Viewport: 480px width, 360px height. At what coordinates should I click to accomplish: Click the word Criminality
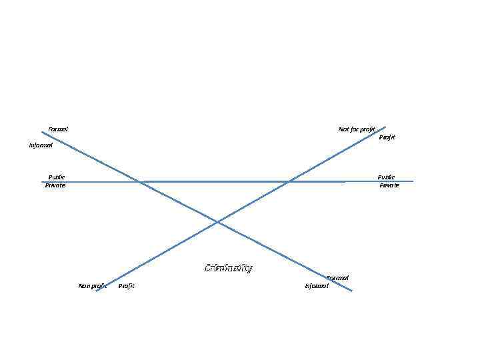(228, 269)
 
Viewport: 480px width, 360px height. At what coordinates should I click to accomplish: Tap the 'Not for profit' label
(357, 129)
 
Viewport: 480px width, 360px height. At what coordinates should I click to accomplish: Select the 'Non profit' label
(92, 286)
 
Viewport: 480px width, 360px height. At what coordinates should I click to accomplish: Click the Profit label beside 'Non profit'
(126, 286)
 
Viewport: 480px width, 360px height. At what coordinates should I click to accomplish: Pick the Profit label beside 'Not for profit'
(387, 137)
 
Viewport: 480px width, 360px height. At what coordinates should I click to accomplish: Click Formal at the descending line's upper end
(58, 129)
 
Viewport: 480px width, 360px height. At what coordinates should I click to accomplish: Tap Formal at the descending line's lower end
(337, 277)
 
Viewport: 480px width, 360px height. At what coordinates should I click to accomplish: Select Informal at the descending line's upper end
(41, 145)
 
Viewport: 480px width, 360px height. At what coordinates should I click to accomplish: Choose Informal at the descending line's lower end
(317, 286)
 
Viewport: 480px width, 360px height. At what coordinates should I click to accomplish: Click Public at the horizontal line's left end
(57, 177)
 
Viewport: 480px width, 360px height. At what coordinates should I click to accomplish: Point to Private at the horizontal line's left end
(55, 185)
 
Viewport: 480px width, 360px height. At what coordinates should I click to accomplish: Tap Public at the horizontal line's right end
(386, 177)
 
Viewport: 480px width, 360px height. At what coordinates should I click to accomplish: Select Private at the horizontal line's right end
(389, 185)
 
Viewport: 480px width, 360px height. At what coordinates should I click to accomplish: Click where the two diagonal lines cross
(217, 221)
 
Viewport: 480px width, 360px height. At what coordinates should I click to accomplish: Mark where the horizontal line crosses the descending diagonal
(141, 181)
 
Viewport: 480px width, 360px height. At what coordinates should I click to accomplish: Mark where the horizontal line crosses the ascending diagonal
(288, 181)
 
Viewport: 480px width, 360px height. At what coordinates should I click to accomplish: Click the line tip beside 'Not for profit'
(385, 127)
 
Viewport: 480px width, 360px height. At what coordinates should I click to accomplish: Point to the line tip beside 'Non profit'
(97, 291)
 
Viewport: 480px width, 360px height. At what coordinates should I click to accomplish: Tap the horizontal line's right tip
(413, 181)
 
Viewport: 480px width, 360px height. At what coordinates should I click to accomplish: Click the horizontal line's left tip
(41, 181)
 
